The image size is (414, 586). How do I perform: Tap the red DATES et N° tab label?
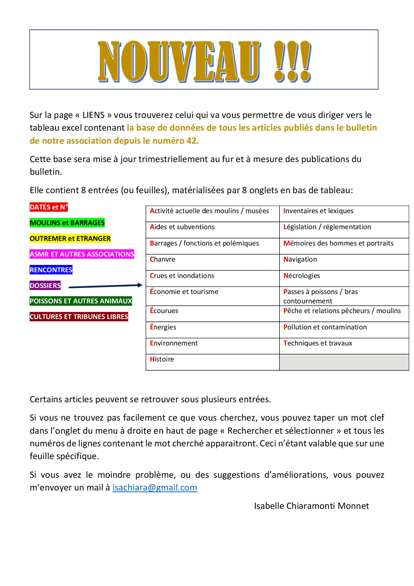[x=49, y=207]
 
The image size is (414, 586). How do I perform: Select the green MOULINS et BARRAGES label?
[x=67, y=223]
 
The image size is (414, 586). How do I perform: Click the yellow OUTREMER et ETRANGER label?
[x=70, y=239]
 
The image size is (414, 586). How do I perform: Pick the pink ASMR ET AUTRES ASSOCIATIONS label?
[x=82, y=254]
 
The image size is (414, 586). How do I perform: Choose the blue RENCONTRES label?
[x=51, y=270]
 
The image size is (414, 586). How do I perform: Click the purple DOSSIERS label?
[x=45, y=286]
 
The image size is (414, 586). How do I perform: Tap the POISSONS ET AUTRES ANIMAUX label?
[x=81, y=301]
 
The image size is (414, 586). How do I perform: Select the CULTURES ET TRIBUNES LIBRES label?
[x=79, y=317]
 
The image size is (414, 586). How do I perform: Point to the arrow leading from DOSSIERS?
[x=106, y=286]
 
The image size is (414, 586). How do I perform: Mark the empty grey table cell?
[x=344, y=362]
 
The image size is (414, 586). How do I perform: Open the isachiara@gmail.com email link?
[x=155, y=488]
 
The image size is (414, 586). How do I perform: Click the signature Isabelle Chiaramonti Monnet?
[x=311, y=506]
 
